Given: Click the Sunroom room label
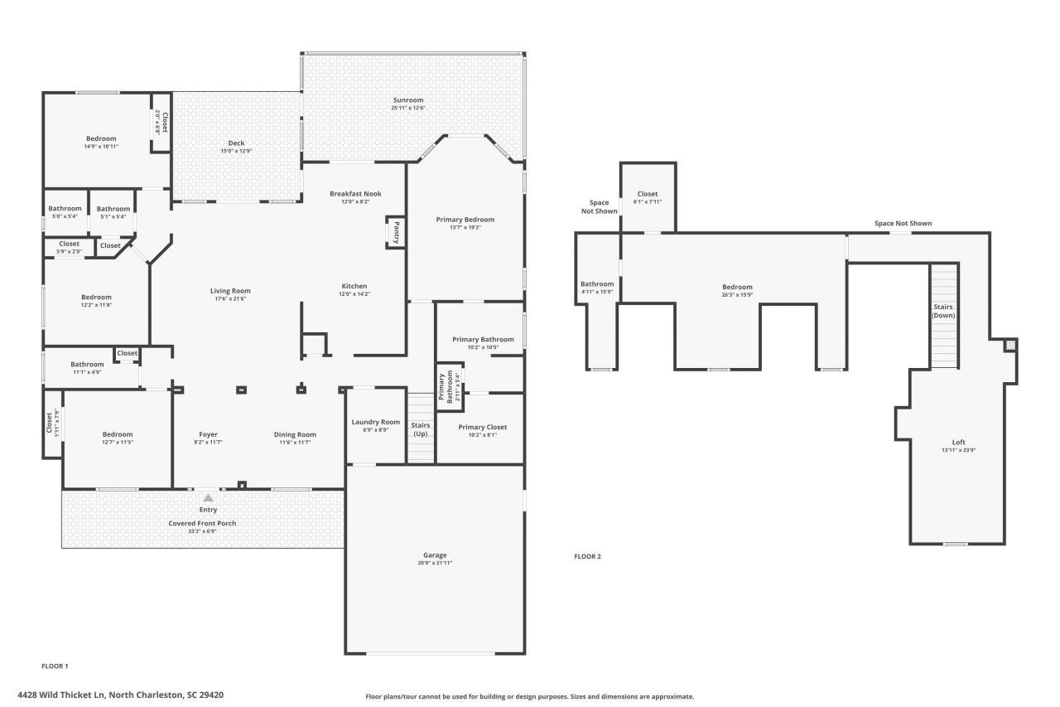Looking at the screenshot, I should coord(408,99).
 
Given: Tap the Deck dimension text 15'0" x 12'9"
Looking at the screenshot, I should coord(236,151).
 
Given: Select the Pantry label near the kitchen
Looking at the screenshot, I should coord(397,231).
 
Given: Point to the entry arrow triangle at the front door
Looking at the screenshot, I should coord(208,498).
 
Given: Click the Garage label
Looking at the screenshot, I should coord(435,555).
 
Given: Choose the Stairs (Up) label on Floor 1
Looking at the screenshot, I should coord(421,429).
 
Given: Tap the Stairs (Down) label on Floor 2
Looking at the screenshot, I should coord(943,311).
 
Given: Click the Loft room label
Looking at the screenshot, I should coord(958,442).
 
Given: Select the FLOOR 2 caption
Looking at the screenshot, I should coord(587,556).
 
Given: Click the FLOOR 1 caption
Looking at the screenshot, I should coord(55,666).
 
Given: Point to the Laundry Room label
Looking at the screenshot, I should coord(375,422).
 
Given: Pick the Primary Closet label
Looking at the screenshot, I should coord(482,427).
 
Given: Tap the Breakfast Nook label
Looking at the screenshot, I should coord(355,194).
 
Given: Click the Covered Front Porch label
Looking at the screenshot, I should coord(203,523).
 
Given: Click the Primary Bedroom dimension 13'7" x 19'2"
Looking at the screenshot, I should coord(465,227).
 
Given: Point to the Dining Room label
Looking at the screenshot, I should coord(295,434).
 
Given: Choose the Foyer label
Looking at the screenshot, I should coord(208,434).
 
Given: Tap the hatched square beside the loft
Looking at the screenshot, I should coord(1009,345).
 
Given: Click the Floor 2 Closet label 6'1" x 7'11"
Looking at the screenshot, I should coord(648,201).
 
